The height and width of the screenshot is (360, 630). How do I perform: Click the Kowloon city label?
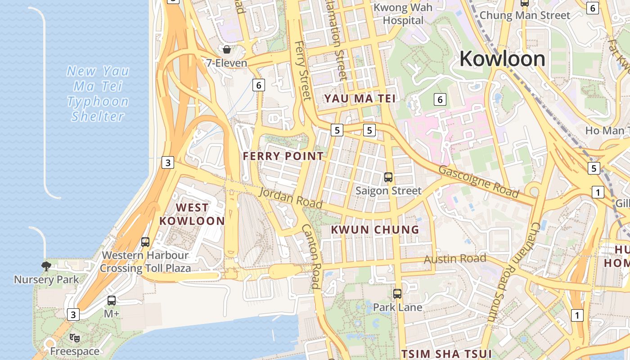[502, 59]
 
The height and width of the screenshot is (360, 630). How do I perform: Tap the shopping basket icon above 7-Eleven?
[227, 49]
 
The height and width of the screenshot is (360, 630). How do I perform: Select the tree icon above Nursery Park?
[46, 266]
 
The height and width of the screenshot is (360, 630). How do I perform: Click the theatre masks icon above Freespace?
[75, 337]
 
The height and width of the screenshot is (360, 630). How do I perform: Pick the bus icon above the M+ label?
[112, 300]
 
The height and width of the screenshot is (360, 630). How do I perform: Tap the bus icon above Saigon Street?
[388, 177]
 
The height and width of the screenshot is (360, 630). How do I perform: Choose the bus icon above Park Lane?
[397, 294]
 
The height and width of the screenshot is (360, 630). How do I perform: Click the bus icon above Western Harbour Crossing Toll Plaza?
[145, 242]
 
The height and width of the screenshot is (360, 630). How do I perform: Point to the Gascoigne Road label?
[478, 182]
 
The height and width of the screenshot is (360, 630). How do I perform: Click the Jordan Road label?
[291, 198]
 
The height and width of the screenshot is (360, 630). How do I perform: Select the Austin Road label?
[455, 259]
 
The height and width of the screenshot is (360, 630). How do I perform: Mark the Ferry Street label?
[303, 71]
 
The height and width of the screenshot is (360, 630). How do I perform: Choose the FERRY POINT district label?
[283, 156]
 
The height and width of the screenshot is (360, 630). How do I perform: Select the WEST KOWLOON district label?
[192, 214]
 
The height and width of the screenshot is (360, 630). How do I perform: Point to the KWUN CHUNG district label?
[375, 229]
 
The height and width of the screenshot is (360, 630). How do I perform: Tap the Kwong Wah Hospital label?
[403, 14]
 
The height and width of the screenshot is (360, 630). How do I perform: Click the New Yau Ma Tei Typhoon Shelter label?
[98, 94]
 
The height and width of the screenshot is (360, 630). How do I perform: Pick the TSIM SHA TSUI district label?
[446, 353]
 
